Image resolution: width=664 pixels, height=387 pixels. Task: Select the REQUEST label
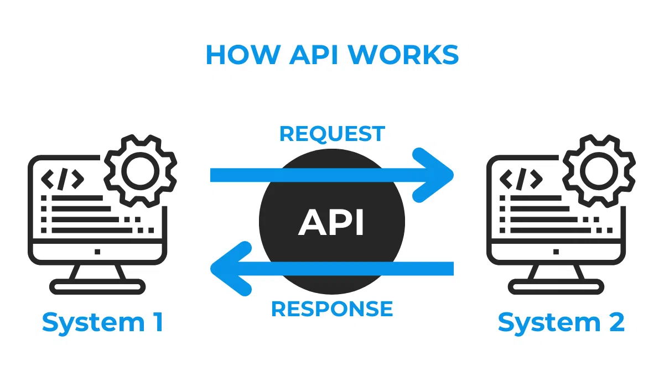(332, 134)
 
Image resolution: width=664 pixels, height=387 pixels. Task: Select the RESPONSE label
(332, 308)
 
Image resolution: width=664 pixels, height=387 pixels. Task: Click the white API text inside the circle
(332, 223)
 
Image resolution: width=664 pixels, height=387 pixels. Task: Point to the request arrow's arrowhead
(437, 175)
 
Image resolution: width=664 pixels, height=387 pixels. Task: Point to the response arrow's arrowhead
(227, 269)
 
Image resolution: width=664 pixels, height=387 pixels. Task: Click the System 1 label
(103, 322)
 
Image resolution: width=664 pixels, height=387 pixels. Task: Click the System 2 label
(561, 322)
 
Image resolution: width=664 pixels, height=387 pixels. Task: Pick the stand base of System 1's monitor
(97, 286)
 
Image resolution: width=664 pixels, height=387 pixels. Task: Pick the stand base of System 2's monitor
(556, 286)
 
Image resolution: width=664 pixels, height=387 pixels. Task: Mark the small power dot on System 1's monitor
(97, 252)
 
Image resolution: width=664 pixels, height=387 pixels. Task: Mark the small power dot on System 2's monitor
(556, 252)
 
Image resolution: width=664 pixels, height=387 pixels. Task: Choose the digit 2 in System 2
(616, 322)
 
